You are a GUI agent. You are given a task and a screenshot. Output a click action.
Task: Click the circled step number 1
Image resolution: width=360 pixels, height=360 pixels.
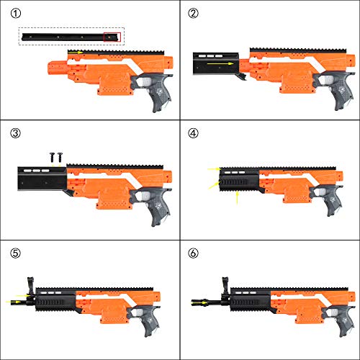[x=16, y=14]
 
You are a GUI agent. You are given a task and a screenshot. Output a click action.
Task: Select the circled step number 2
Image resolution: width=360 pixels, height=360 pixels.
[x=194, y=14]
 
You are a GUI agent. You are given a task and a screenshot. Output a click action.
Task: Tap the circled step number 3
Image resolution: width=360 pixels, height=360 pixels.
[x=16, y=133]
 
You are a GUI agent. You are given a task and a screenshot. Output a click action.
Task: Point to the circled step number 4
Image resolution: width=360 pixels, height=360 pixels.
[x=194, y=133]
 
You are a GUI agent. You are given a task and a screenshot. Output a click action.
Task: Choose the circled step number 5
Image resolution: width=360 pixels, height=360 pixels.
[x=16, y=253]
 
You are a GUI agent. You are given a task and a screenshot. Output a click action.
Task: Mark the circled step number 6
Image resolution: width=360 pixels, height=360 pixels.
[x=194, y=253]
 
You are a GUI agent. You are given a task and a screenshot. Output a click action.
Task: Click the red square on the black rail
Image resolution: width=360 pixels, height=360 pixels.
[x=112, y=37]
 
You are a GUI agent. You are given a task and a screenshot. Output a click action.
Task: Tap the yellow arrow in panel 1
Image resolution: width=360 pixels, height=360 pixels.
[x=76, y=52]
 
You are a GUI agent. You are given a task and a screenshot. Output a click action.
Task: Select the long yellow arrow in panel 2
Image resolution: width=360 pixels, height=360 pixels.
[x=220, y=63]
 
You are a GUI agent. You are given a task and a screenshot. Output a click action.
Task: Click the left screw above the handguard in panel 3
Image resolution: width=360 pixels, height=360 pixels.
[x=52, y=157]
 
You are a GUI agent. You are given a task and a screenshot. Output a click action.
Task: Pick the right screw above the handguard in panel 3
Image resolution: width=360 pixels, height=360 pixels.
[x=60, y=157]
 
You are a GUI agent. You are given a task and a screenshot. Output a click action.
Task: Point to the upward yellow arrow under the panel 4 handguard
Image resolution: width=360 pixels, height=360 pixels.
[x=237, y=197]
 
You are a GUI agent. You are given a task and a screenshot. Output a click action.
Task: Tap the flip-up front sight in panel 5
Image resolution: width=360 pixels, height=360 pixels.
[x=31, y=286]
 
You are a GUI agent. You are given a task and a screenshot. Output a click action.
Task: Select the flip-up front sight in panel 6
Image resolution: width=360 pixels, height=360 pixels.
[x=225, y=286]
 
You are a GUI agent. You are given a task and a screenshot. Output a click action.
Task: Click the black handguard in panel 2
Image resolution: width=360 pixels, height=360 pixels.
[x=216, y=64]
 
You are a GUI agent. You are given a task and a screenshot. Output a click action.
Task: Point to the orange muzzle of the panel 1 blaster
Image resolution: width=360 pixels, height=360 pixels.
[x=57, y=68]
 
